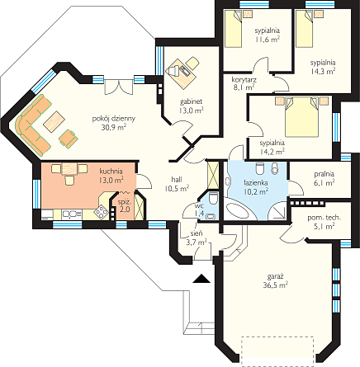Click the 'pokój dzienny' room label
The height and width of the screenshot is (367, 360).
tap(114, 119)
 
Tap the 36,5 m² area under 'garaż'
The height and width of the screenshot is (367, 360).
tap(276, 285)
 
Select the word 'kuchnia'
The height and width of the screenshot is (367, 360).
tap(111, 172)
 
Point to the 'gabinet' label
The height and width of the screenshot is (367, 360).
tap(192, 101)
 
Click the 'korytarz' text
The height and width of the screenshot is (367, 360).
tap(244, 80)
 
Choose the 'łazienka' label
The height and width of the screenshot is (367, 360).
tap(256, 182)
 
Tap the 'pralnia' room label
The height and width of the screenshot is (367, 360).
tap(324, 174)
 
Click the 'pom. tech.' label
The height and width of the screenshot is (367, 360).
tap(324, 218)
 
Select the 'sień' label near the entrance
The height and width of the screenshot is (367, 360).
tap(197, 233)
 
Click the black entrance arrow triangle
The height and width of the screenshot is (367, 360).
tap(201, 279)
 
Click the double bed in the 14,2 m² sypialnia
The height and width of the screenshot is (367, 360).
tap(302, 117)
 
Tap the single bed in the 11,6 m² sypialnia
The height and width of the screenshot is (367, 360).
tap(233, 28)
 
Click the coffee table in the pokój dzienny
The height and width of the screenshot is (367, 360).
tap(54, 121)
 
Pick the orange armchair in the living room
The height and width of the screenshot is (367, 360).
tap(69, 138)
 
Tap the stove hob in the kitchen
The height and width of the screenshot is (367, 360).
tap(102, 211)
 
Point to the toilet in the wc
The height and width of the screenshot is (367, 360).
tap(213, 198)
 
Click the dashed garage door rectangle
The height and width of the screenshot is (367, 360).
tap(277, 351)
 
